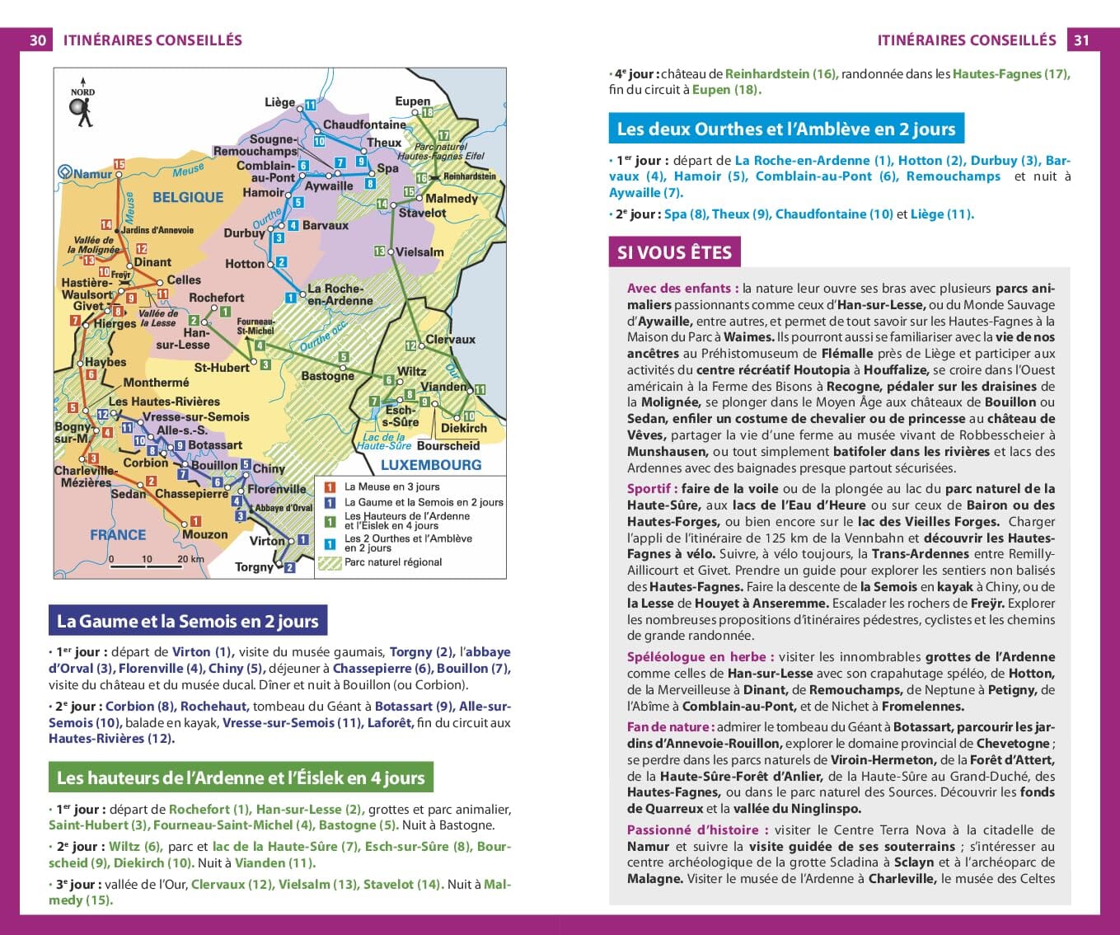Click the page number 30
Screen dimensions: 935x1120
(x=38, y=40)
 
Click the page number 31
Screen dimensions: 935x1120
(x=1081, y=40)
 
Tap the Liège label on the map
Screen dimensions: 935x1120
(x=279, y=102)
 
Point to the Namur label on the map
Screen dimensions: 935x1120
(x=92, y=174)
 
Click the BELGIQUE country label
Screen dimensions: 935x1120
(x=188, y=197)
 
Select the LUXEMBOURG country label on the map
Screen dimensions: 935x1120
(x=430, y=465)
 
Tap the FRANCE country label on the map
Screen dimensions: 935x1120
(x=118, y=534)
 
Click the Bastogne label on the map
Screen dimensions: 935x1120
(x=327, y=376)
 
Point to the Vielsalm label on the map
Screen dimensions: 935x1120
(x=419, y=252)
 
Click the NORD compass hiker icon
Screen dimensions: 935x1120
(x=82, y=109)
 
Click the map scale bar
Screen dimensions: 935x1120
(x=146, y=566)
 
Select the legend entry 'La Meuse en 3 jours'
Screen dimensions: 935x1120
(x=391, y=487)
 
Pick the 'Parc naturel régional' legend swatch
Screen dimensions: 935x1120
(x=330, y=564)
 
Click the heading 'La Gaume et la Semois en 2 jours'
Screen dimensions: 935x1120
(x=187, y=621)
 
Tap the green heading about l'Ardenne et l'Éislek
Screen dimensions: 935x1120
(x=241, y=778)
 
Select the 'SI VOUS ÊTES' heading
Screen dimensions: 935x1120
(x=674, y=252)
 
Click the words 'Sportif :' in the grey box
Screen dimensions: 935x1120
(x=652, y=489)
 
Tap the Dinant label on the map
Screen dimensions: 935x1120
(x=152, y=262)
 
